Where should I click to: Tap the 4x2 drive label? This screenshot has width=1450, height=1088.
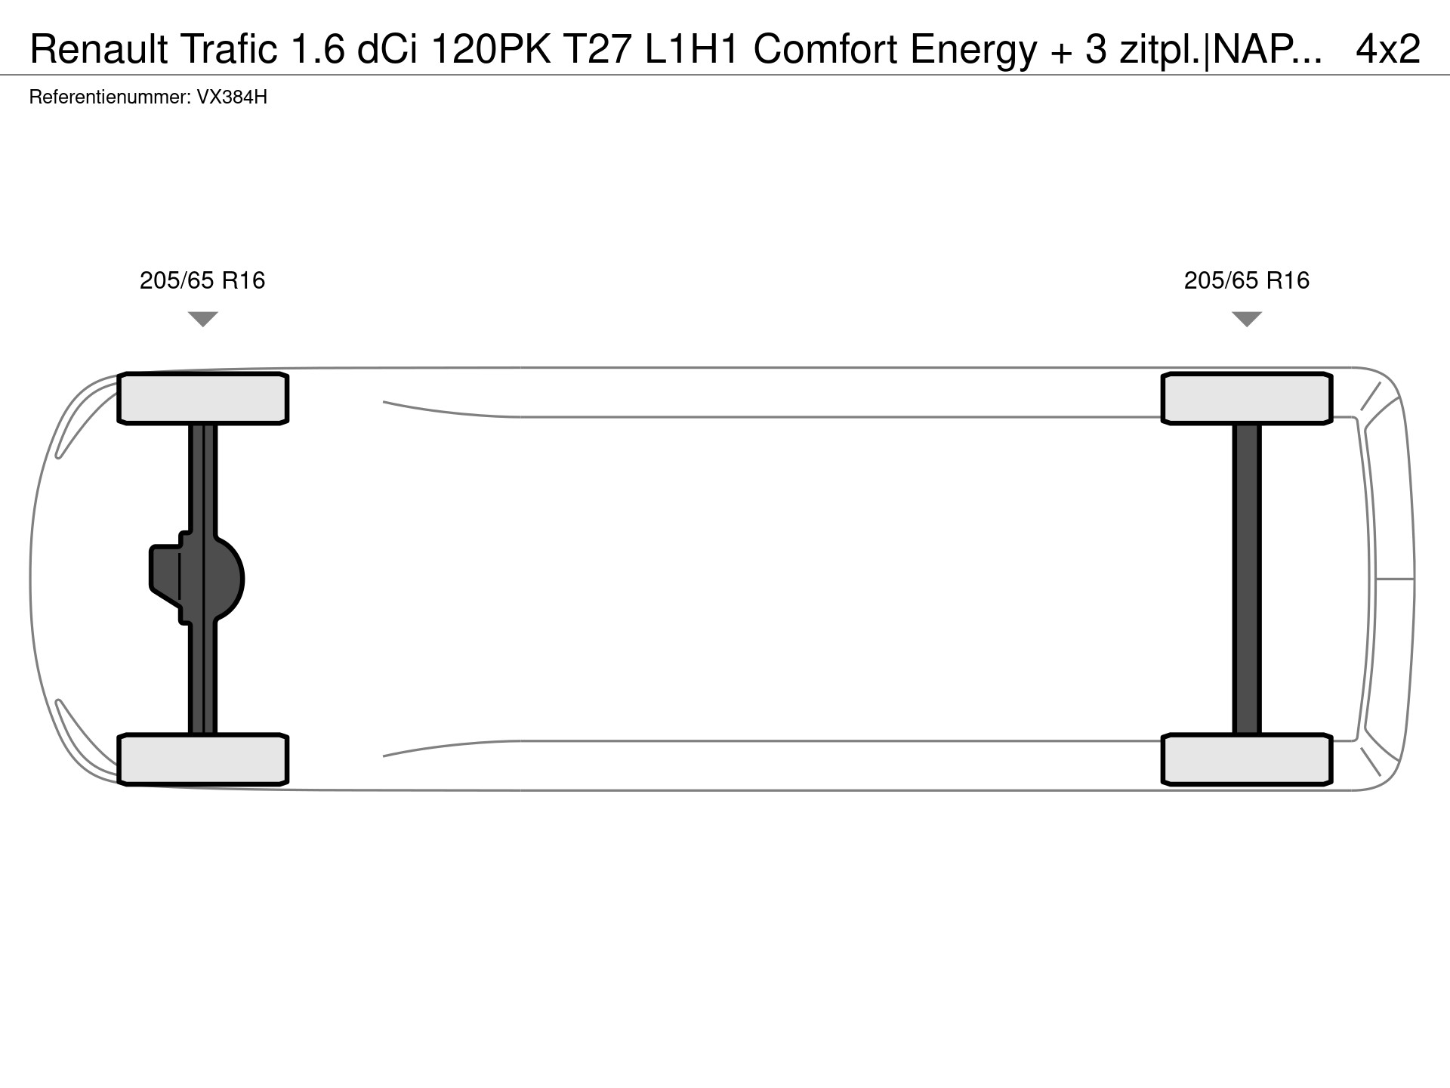point(1388,49)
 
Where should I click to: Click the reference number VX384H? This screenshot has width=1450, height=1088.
point(232,97)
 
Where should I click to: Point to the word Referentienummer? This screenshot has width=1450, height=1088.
point(110,97)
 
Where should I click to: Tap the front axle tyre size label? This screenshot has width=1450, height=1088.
point(202,281)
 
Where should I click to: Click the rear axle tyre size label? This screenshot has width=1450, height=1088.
point(1247,281)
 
